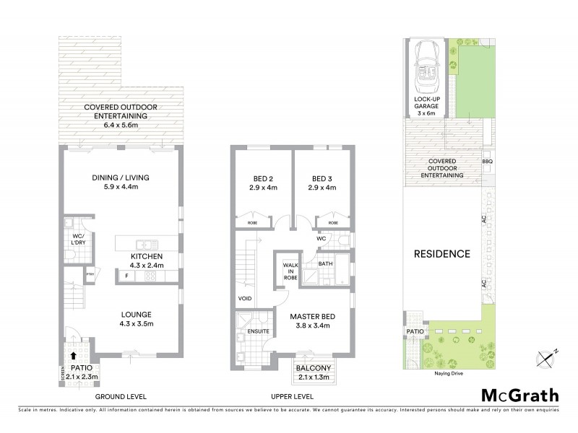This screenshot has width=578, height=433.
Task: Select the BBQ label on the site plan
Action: coord(487,162)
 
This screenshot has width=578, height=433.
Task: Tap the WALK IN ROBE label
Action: coord(290,272)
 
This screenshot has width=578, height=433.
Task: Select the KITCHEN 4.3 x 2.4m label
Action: coord(147,261)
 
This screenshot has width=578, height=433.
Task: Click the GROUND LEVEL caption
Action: coord(121,396)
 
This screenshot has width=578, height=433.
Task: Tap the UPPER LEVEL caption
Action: coord(293,396)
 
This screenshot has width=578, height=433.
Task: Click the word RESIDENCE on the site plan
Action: coord(442,254)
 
